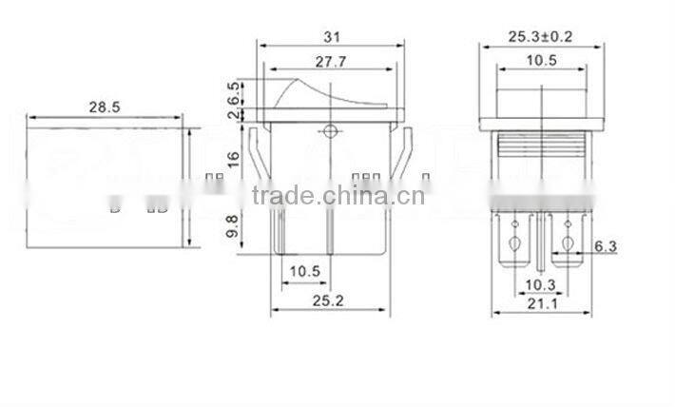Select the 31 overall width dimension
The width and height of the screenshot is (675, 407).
coord(331,37)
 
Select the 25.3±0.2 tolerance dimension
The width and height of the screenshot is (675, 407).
coord(540,37)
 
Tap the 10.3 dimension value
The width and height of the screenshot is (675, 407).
coord(540,283)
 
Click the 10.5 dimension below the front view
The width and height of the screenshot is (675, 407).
coord(305,270)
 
